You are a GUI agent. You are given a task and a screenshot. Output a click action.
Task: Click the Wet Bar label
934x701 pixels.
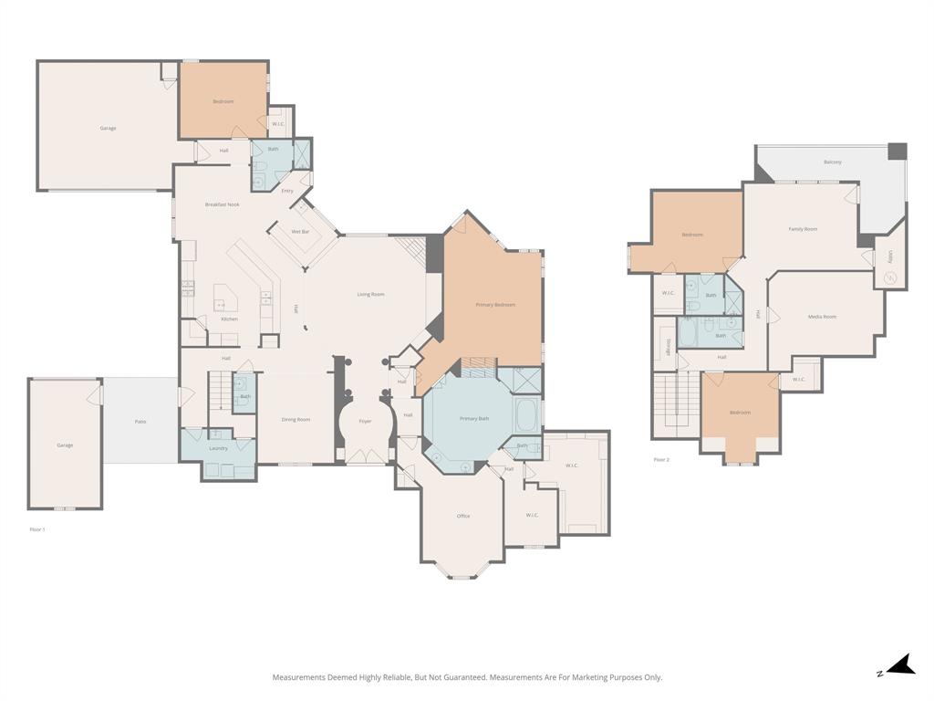pyautogui.click(x=301, y=232)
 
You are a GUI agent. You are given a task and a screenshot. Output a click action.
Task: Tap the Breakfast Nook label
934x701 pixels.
pyautogui.click(x=222, y=204)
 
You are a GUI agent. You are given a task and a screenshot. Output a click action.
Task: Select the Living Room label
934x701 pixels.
pyautogui.click(x=370, y=294)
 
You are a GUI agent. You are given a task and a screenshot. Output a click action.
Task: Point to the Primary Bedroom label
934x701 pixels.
pyautogui.click(x=495, y=305)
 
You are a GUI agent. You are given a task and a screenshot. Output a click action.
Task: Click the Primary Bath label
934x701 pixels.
pyautogui.click(x=474, y=418)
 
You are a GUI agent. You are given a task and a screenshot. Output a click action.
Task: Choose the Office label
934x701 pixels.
pyautogui.click(x=463, y=516)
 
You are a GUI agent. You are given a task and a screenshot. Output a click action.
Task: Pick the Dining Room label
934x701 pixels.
pyautogui.click(x=296, y=420)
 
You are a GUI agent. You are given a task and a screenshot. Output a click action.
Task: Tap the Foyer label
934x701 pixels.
pyautogui.click(x=365, y=421)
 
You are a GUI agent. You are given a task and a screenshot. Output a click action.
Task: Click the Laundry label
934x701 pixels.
pyautogui.click(x=218, y=448)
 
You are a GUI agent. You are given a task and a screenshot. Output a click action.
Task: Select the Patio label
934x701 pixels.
pyautogui.click(x=140, y=421)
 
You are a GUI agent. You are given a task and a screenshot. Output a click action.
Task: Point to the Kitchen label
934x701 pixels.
pyautogui.click(x=229, y=319)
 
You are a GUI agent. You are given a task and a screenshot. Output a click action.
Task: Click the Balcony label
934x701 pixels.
pyautogui.click(x=832, y=162)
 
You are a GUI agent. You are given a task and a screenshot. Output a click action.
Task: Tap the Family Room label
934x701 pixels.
pyautogui.click(x=803, y=229)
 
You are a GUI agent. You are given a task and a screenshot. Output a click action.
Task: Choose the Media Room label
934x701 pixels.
pyautogui.click(x=822, y=317)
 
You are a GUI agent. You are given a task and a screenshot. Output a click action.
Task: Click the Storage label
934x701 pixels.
pyautogui.click(x=669, y=344)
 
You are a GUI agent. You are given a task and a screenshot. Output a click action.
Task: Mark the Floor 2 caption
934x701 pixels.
pyautogui.click(x=661, y=459)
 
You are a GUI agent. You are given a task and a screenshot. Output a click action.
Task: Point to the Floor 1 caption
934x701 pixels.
pyautogui.click(x=37, y=529)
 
